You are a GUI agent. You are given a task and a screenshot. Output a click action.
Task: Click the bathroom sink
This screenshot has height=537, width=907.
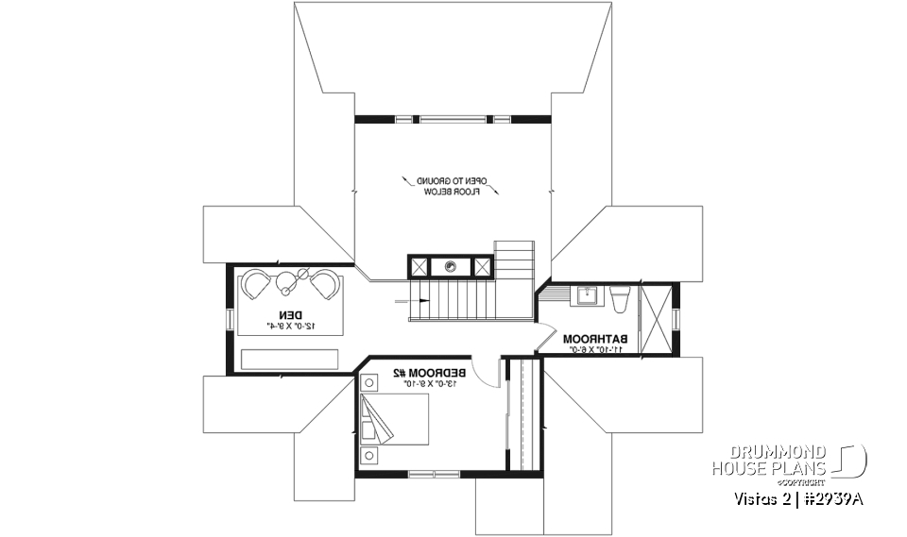click(586, 295)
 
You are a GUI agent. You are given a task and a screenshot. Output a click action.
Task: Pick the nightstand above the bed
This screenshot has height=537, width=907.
click(367, 383)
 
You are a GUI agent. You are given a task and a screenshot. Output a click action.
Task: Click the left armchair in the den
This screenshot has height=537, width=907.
click(257, 284)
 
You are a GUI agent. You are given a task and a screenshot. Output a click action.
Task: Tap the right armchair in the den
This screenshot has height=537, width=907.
click(323, 284)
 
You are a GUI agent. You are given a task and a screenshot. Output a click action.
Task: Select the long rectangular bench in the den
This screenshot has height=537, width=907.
click(289, 360)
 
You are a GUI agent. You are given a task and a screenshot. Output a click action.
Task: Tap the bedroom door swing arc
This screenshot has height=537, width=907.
click(485, 375)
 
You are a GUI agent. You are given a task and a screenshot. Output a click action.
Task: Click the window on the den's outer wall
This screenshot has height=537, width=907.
click(228, 318)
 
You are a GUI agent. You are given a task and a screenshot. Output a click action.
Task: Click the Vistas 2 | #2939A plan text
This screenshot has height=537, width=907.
click(797, 499)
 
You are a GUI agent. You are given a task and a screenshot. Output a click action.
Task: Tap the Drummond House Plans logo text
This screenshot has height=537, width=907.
click(770, 460)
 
